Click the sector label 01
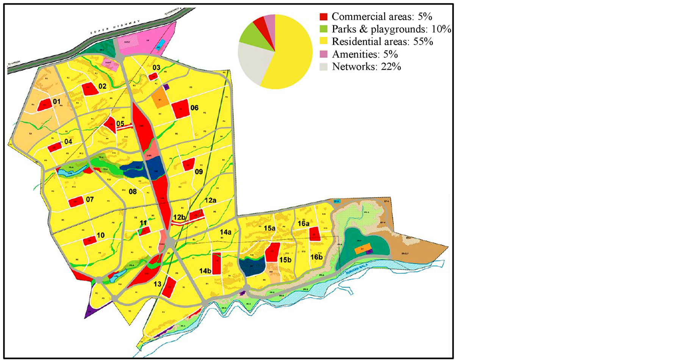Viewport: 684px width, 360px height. coord(57,102)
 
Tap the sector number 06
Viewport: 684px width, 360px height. coord(194,108)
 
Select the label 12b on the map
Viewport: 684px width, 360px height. coord(179,217)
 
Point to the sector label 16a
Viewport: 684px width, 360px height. coord(303,224)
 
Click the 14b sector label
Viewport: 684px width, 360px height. coord(205,271)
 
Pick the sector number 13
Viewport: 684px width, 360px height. coord(157,284)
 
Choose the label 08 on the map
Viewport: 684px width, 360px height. coord(133,192)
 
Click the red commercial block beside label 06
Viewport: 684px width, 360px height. coord(180,109)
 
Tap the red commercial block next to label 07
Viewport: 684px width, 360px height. coord(76,202)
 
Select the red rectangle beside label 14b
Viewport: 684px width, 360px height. coord(216,263)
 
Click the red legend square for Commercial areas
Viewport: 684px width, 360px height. coord(323,17)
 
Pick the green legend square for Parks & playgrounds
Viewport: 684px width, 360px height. coord(323,29)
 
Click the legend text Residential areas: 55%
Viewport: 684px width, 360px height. coord(382,42)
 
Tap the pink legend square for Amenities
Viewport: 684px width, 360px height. coord(323,54)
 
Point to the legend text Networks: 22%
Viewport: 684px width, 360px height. coord(366,67)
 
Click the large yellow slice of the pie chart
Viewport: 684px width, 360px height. coord(292,57)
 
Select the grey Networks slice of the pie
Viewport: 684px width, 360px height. coord(252,61)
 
